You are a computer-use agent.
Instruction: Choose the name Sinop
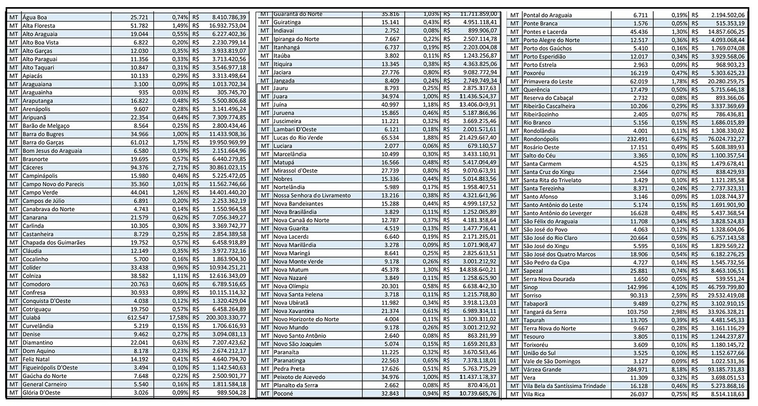pos(532,287)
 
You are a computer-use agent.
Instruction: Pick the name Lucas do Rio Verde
pos(298,138)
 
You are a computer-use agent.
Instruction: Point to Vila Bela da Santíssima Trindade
pos(565,386)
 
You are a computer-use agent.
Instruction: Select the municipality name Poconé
pos(283,393)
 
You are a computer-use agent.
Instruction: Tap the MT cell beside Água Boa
pos(14,17)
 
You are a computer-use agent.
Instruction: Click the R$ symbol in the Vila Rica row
pos(695,394)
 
